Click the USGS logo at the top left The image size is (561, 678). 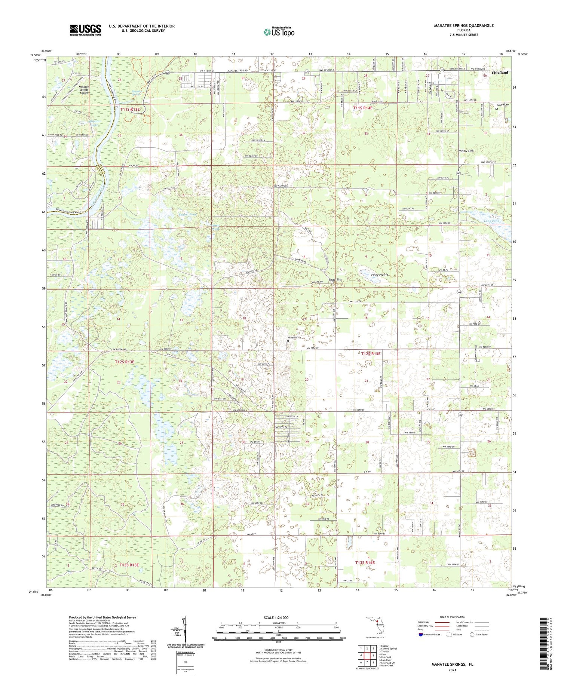[85, 30]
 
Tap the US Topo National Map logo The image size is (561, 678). [279, 32]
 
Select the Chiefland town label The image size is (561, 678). [500, 73]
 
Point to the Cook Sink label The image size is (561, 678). [335, 280]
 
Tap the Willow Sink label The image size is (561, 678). [466, 151]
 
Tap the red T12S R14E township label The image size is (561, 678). [370, 353]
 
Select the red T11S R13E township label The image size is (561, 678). [130, 109]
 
